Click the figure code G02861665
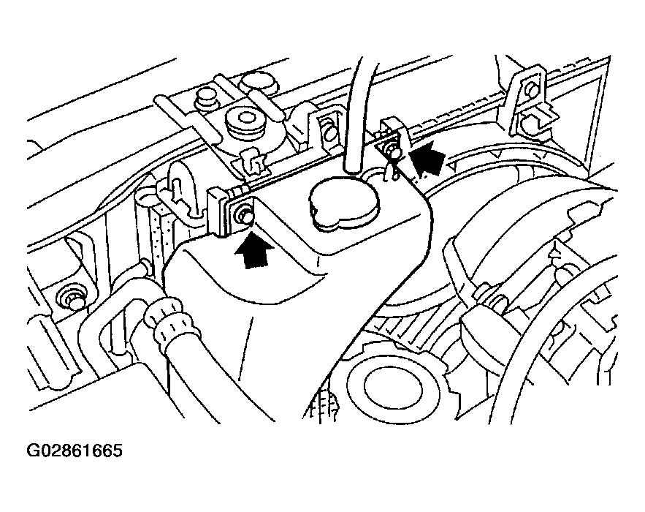(75, 451)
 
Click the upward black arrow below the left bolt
(253, 250)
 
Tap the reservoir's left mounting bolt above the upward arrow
(243, 217)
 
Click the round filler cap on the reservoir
(345, 203)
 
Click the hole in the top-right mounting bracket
(531, 88)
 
